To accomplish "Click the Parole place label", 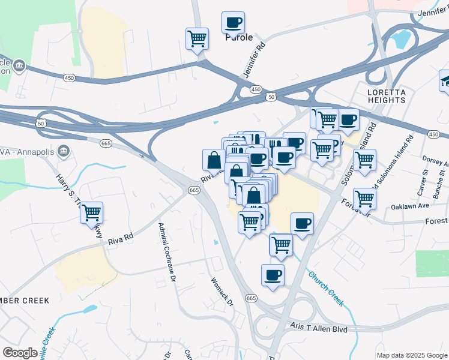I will click(238, 37).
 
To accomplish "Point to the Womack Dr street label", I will click(221, 291).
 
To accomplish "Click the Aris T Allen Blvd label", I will click(319, 328).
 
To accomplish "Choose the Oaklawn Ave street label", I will click(410, 205).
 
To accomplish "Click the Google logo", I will click(20, 352).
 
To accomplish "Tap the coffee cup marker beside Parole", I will click(233, 23).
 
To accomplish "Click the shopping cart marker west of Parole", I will click(197, 39).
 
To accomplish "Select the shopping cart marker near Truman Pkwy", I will click(91, 212).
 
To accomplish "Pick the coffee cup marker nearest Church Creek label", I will click(273, 275).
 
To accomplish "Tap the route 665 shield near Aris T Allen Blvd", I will click(251, 298).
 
